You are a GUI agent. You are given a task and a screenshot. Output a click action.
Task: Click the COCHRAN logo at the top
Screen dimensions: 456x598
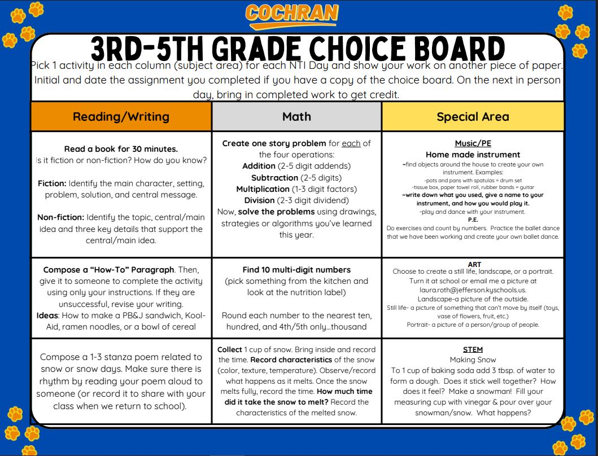coord(292,15)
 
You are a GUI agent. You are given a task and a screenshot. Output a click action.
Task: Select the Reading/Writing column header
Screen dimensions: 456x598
coord(121,117)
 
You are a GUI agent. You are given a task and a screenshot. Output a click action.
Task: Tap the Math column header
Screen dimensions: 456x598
coord(296,116)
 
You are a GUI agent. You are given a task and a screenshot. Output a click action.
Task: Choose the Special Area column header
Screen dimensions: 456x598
coord(473,117)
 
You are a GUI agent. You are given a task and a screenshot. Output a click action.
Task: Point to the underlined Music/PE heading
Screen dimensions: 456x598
coord(473,143)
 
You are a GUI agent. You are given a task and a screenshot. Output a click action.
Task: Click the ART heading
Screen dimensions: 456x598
coord(474,264)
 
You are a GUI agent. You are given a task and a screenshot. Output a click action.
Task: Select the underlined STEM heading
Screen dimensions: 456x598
coord(473,349)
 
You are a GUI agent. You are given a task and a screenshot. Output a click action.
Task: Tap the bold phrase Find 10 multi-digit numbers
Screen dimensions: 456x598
coord(296,269)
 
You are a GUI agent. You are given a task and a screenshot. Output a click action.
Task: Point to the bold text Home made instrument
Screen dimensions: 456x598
coord(473,154)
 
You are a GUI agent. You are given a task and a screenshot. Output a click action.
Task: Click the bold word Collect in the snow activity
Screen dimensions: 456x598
coord(230,349)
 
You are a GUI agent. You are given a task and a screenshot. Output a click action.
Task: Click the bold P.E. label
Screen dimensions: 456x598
coord(473,220)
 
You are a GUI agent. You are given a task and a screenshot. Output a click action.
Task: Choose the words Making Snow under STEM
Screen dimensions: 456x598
coord(473,359)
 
